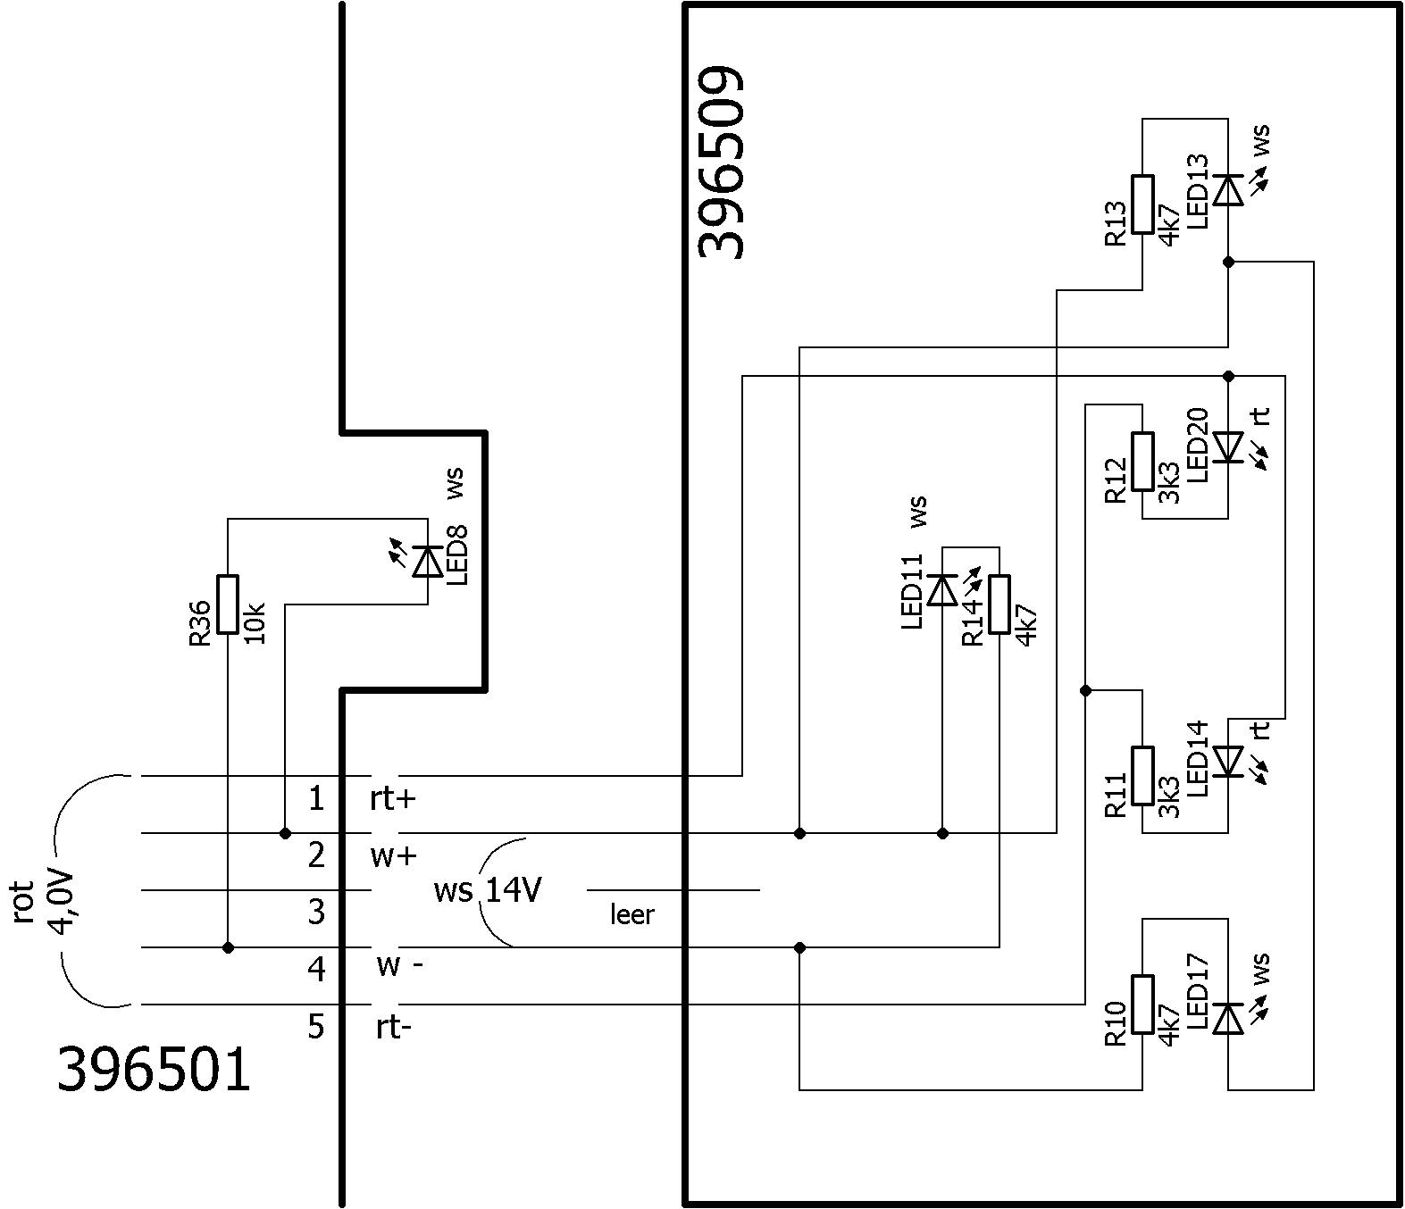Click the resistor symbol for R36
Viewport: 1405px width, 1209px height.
(x=229, y=604)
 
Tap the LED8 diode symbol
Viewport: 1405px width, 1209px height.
(x=428, y=562)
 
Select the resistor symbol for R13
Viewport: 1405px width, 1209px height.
(x=1142, y=204)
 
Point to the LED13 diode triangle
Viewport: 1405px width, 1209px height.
(x=1228, y=190)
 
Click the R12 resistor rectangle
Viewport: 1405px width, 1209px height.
(x=1142, y=461)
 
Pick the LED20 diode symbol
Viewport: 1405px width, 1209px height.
(x=1228, y=446)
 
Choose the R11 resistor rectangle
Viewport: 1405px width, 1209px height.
(x=1142, y=775)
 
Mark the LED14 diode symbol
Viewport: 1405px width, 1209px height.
(x=1228, y=761)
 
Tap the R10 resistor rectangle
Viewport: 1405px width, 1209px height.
(x=1142, y=1005)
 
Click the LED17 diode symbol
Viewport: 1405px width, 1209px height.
(x=1228, y=1019)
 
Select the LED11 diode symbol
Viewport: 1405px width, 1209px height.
(x=942, y=590)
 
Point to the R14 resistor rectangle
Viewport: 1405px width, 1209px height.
(x=999, y=604)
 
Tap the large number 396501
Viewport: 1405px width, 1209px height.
(x=154, y=1070)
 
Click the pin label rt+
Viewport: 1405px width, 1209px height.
(x=393, y=798)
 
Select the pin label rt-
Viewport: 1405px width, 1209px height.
(x=393, y=1028)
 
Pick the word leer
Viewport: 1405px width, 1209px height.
(x=631, y=914)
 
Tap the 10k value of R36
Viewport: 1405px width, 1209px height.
(x=255, y=622)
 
